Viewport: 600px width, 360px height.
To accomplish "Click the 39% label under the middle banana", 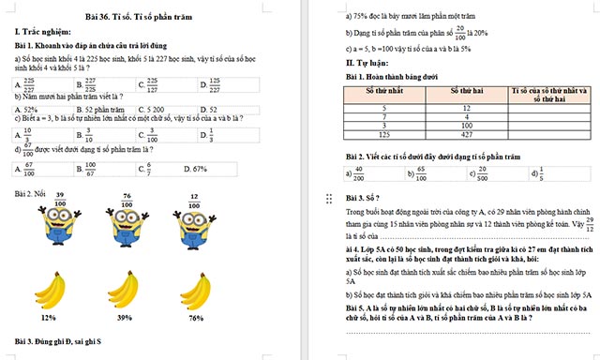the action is (x=125, y=318).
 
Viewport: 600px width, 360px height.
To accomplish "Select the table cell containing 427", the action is (x=466, y=134).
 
